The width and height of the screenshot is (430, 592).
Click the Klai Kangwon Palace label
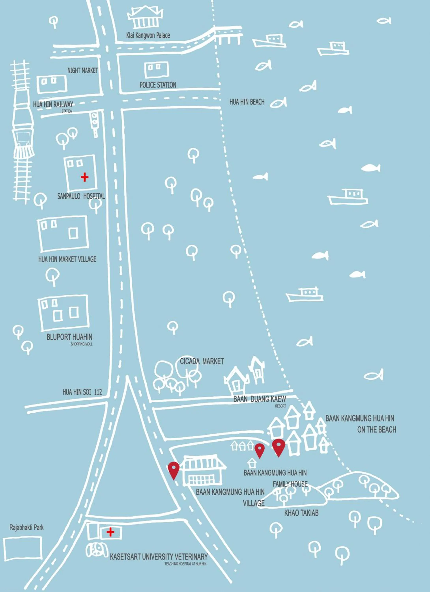coord(148,35)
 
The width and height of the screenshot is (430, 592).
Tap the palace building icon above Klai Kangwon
coord(145,18)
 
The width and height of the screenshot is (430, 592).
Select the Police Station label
coord(158,85)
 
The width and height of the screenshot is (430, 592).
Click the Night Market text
coord(82,70)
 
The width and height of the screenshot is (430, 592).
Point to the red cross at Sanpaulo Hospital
coord(84,177)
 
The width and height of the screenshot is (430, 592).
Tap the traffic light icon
coord(94,121)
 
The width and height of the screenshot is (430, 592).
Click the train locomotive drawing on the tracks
coord(23,130)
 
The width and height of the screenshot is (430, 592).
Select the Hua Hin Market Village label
coord(67,259)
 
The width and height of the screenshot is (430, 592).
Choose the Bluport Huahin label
coord(69,337)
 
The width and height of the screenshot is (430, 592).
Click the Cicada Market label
coord(202,361)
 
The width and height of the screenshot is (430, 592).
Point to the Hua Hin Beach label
coord(247,102)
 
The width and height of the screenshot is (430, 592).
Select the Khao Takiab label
coord(301,513)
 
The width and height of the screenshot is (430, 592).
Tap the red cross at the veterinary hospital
coord(110,532)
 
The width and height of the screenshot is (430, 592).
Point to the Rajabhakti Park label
coord(26,527)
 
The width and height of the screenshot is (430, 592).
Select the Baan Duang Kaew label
coord(260,399)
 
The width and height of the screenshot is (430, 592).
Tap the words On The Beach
coord(377,429)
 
